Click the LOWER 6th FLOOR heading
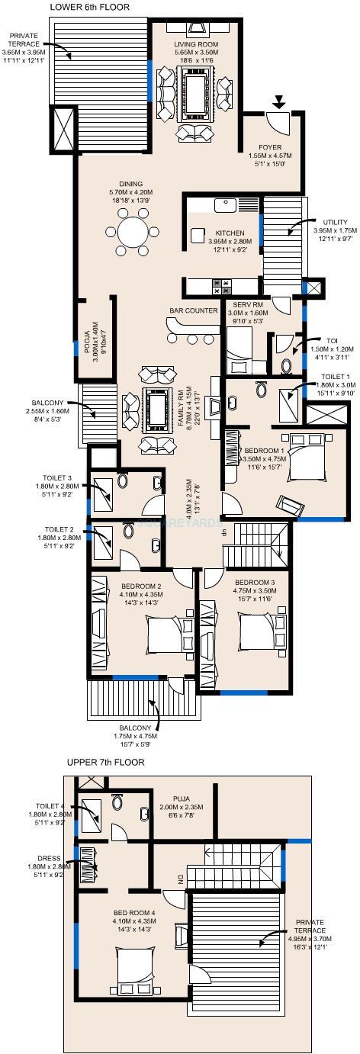[x=89, y=7]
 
